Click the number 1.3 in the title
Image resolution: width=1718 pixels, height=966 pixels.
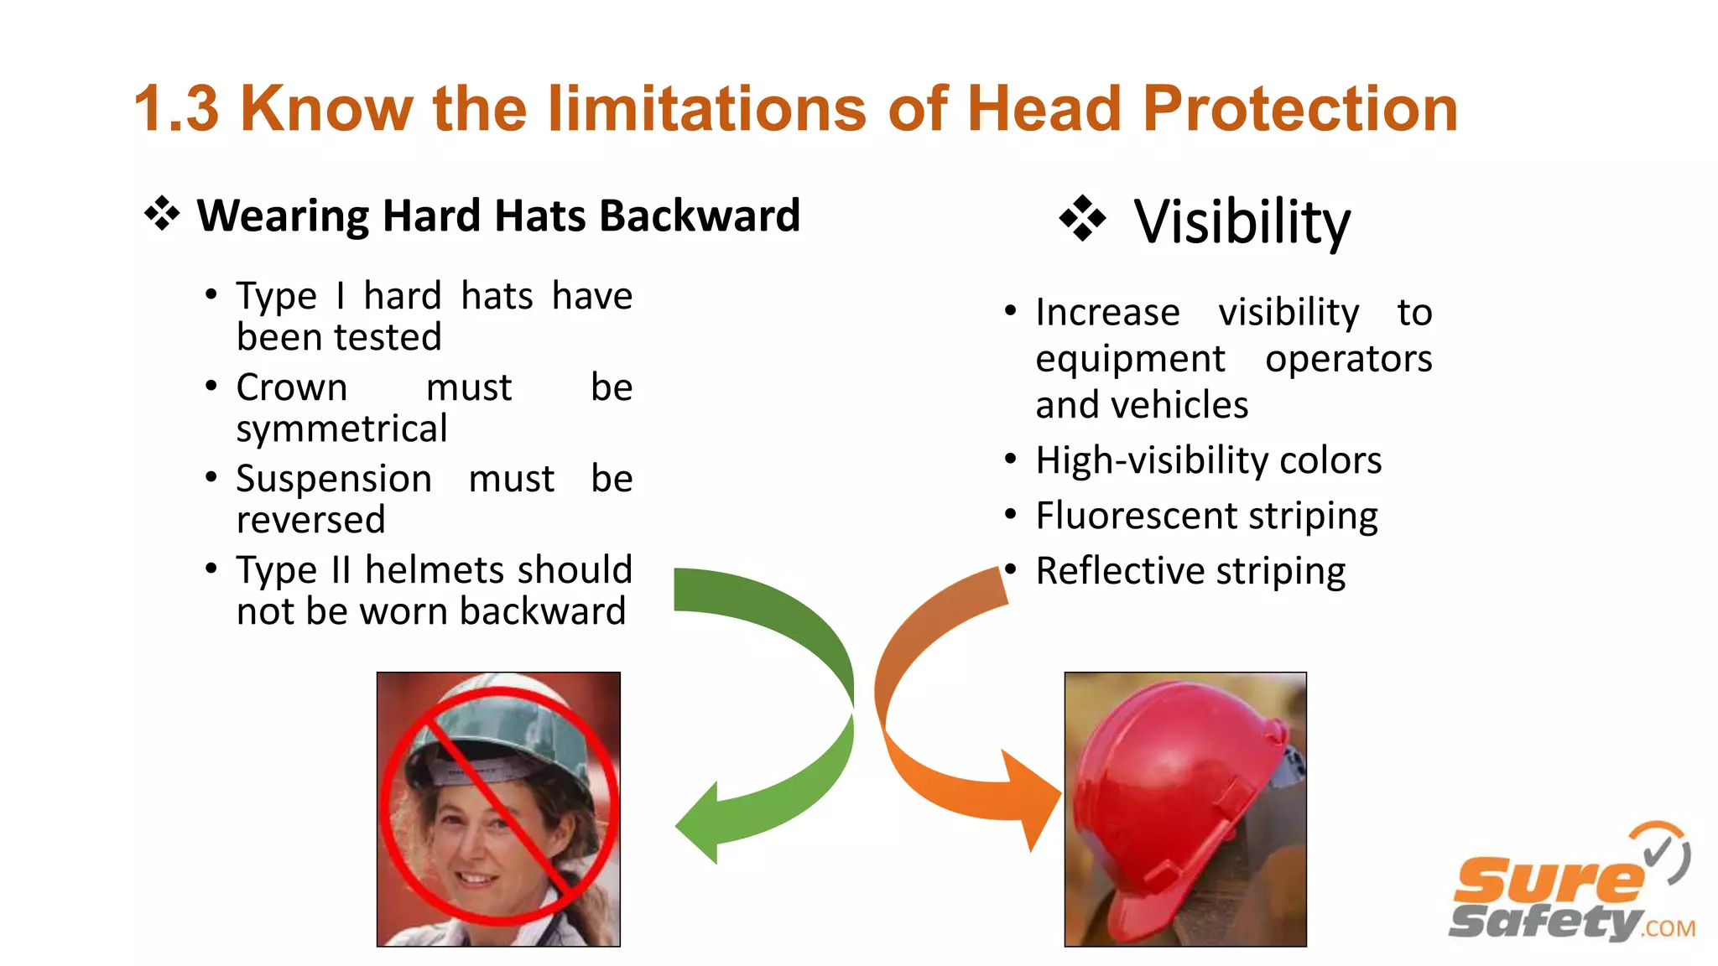click(x=176, y=109)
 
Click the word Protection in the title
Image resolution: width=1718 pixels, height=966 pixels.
click(x=1299, y=109)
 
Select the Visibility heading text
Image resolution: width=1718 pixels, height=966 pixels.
click(x=1242, y=222)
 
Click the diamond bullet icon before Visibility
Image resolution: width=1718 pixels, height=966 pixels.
click(x=1082, y=219)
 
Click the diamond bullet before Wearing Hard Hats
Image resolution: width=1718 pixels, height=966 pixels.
click(x=162, y=214)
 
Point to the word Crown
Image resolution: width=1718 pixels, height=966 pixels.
click(x=291, y=387)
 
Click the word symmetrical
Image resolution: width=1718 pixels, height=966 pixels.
click(x=341, y=428)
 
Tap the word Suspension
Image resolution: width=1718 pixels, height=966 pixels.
click(x=334, y=479)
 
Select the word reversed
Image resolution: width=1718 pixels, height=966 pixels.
click(x=310, y=520)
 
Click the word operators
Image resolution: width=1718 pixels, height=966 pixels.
click(x=1348, y=359)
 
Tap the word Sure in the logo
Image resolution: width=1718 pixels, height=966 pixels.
click(x=1548, y=880)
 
